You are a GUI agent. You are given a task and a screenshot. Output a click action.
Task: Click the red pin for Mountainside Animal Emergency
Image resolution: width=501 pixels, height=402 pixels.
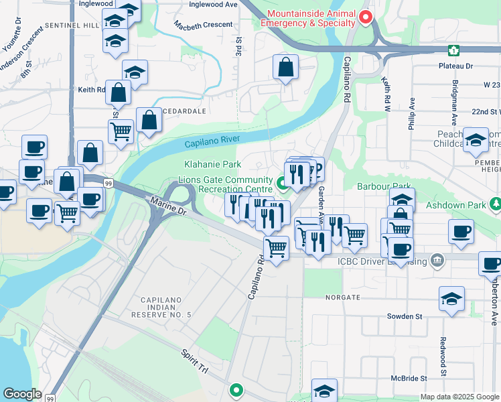pyautogui.click(x=365, y=17)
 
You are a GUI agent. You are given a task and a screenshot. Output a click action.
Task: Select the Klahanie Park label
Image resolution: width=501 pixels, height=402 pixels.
pyautogui.click(x=212, y=164)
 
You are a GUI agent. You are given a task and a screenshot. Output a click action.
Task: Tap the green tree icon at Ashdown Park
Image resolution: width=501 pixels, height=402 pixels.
pyautogui.click(x=495, y=202)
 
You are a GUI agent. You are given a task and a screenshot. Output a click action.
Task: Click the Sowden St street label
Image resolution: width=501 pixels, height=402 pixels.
pyautogui.click(x=405, y=316)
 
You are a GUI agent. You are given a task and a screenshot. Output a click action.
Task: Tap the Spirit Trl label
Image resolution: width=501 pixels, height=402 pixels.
pyautogui.click(x=195, y=362)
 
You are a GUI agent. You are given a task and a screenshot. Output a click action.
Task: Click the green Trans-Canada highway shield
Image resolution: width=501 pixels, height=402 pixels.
pyautogui.click(x=454, y=50)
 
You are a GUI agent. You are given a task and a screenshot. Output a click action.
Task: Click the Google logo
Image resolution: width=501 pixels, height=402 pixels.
pyautogui.click(x=22, y=394)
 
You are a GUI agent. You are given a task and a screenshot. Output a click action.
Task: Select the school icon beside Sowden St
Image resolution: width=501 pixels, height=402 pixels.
pyautogui.click(x=451, y=297)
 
